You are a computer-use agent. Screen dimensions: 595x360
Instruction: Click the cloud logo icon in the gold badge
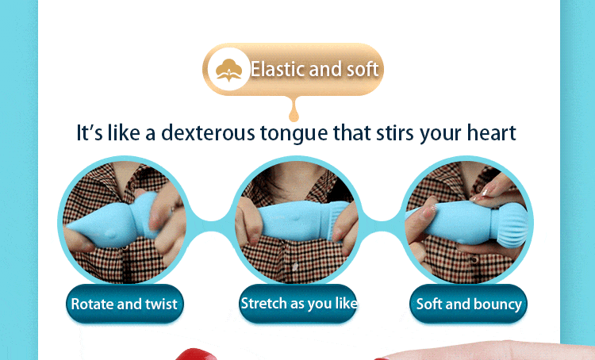[228, 70]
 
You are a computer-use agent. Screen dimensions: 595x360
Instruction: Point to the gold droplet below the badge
[294, 111]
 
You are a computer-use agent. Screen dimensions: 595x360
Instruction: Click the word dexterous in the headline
[208, 133]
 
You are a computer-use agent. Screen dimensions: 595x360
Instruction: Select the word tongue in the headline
[294, 134]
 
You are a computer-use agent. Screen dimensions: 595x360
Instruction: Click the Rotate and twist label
[125, 304]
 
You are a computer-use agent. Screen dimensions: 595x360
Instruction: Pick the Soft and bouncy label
[468, 304]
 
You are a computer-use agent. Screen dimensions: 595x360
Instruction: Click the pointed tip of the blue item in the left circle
[68, 227]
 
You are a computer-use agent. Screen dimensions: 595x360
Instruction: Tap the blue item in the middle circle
[301, 221]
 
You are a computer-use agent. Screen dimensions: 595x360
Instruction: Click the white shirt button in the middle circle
[295, 266]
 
